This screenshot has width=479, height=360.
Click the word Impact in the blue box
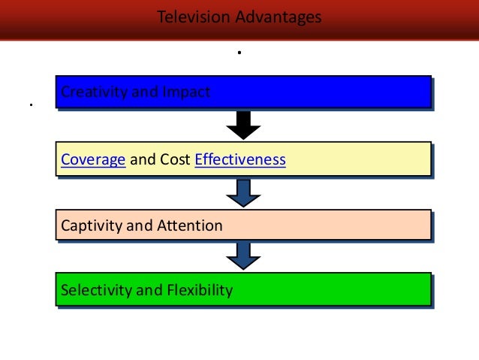click(186, 92)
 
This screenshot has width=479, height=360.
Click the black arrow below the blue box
click(243, 125)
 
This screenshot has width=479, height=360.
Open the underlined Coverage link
click(93, 159)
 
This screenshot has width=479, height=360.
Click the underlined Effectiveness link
click(240, 159)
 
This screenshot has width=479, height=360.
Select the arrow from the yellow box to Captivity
click(243, 192)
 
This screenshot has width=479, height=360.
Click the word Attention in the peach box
click(189, 225)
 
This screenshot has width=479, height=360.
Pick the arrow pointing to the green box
click(243, 256)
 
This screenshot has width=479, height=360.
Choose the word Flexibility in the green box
click(197, 289)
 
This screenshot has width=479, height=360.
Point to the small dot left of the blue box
click(32, 104)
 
